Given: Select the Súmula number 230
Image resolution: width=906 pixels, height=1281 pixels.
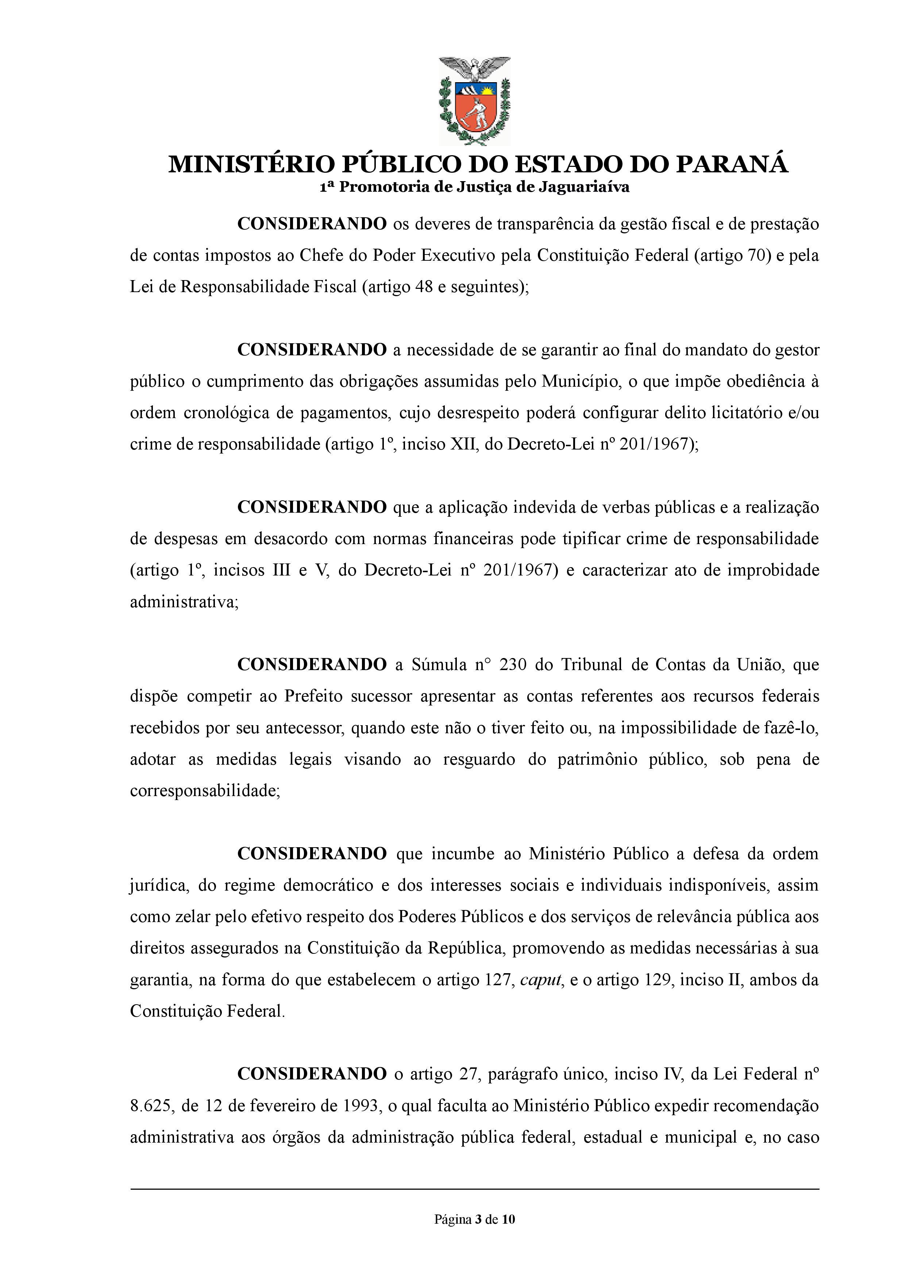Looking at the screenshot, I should point(512,665).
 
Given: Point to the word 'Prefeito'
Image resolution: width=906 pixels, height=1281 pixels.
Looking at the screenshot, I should point(313,696).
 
